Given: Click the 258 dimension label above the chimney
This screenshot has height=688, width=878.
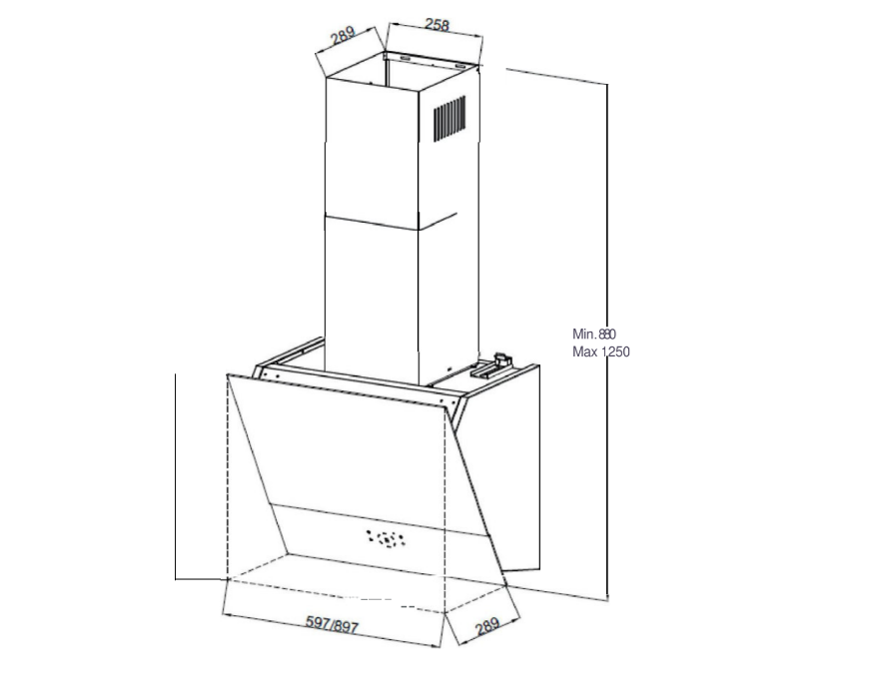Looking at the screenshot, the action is click(438, 25).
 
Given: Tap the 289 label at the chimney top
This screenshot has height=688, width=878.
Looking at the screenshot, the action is click(343, 35).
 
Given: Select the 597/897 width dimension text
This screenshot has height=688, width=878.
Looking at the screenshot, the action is click(332, 624).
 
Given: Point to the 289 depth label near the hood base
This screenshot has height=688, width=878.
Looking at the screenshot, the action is click(487, 625).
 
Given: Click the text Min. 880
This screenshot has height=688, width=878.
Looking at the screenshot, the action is click(594, 335).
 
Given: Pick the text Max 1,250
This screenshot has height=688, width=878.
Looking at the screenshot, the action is click(601, 352).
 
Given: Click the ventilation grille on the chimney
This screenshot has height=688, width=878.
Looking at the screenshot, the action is click(449, 118).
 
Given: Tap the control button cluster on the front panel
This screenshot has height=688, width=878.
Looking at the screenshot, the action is click(386, 539).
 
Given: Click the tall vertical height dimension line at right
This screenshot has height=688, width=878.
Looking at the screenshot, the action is click(607, 342).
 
